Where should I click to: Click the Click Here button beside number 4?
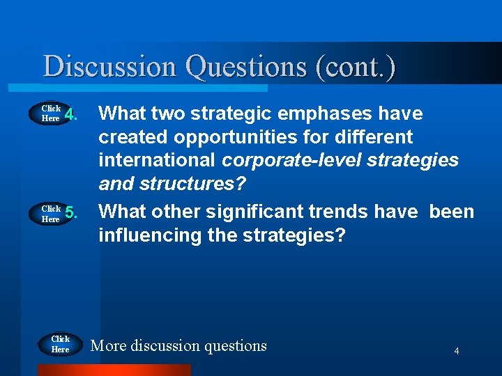(x=51, y=113)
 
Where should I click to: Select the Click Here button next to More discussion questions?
(x=60, y=345)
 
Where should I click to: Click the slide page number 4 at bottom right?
(x=456, y=351)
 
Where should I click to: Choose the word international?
(x=158, y=160)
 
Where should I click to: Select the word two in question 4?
(x=169, y=113)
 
